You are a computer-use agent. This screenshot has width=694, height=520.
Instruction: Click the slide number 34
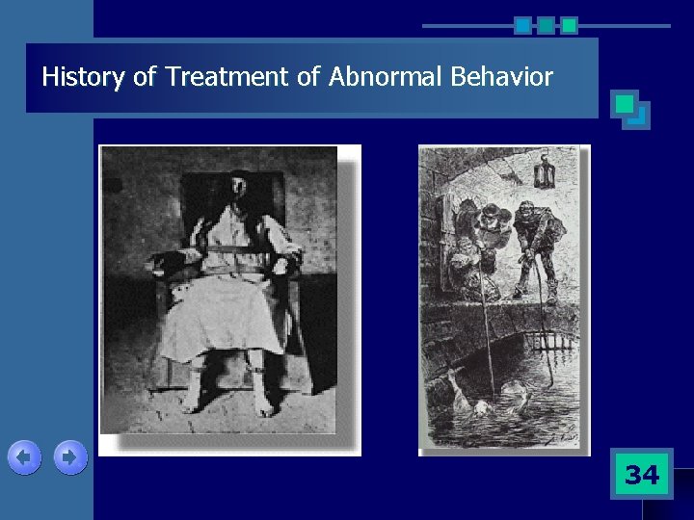[x=642, y=474]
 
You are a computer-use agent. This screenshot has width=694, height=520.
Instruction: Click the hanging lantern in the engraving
[x=542, y=171]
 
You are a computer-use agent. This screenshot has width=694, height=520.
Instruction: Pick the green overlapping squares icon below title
[x=631, y=110]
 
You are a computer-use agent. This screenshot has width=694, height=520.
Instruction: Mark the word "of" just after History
[x=145, y=77]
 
